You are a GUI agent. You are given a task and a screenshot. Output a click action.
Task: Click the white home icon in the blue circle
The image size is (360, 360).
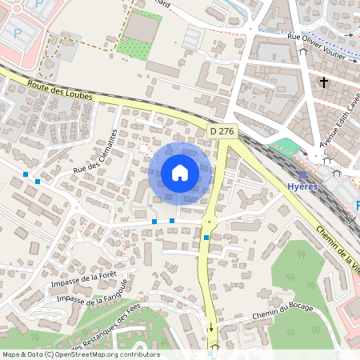[180, 172]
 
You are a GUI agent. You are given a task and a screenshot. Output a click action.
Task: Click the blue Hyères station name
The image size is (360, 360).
[302, 186]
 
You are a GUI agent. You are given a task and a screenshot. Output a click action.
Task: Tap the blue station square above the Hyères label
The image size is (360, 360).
[302, 174]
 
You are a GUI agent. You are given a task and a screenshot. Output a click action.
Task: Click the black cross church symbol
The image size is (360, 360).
[324, 82]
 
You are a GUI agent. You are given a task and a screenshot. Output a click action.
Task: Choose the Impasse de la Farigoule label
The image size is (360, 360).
[92, 293]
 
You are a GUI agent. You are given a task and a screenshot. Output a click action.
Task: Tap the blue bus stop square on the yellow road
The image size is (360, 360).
[206, 237]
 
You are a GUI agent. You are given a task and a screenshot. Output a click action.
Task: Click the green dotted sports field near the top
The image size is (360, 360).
[134, 46]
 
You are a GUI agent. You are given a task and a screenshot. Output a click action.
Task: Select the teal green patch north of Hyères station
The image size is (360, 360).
[286, 148]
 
